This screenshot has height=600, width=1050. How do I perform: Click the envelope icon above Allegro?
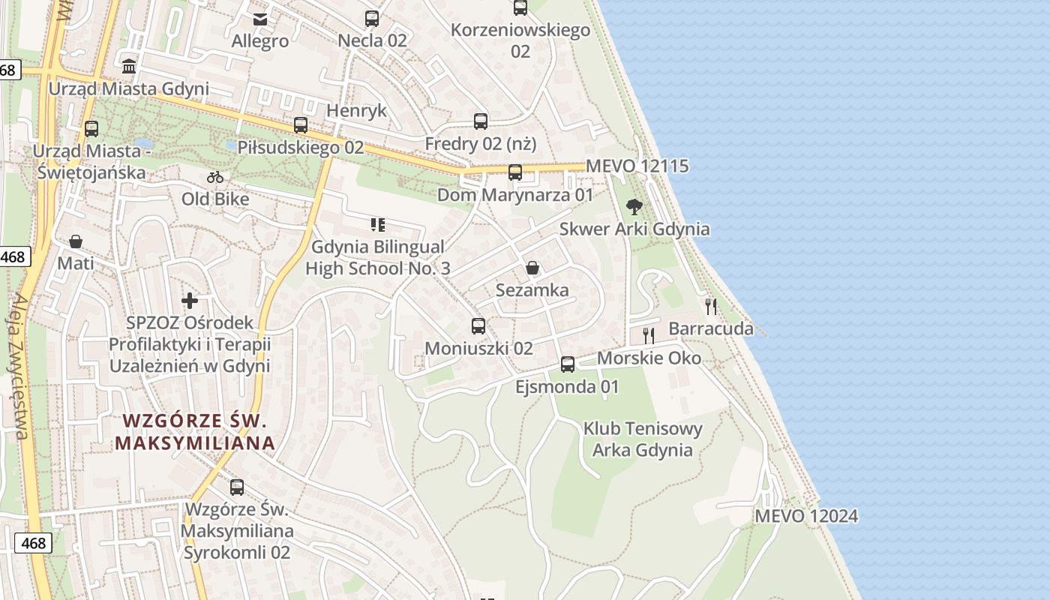[x=260, y=19]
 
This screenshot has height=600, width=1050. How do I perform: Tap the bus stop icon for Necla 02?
[x=372, y=19]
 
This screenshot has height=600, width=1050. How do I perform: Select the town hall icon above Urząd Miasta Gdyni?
[x=129, y=66]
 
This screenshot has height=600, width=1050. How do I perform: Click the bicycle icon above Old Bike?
[x=215, y=177]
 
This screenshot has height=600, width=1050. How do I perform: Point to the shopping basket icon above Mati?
[x=76, y=241]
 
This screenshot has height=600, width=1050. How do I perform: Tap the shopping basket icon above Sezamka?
[x=532, y=268]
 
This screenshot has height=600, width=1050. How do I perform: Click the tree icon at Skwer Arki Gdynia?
[x=634, y=206]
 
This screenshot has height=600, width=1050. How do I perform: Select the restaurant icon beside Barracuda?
[x=710, y=306]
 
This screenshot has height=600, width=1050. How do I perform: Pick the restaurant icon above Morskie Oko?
[x=649, y=335]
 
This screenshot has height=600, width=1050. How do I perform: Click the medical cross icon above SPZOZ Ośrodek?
[x=190, y=301]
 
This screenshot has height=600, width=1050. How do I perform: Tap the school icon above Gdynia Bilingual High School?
[x=377, y=224]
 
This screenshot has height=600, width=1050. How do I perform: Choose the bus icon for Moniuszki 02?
[x=478, y=325]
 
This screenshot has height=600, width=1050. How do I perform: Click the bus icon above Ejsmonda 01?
[x=568, y=364]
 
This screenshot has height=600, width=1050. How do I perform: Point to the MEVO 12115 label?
[x=637, y=166]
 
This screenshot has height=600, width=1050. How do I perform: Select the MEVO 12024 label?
[x=806, y=516]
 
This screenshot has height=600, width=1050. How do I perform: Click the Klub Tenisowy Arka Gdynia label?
[x=643, y=439]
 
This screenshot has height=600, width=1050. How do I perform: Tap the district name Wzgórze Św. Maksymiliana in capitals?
[x=195, y=431]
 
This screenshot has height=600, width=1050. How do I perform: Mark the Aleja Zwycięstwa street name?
[x=20, y=366]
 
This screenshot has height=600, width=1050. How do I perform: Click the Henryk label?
[x=357, y=111]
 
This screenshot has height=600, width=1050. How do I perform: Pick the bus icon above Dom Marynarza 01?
[x=515, y=172]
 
